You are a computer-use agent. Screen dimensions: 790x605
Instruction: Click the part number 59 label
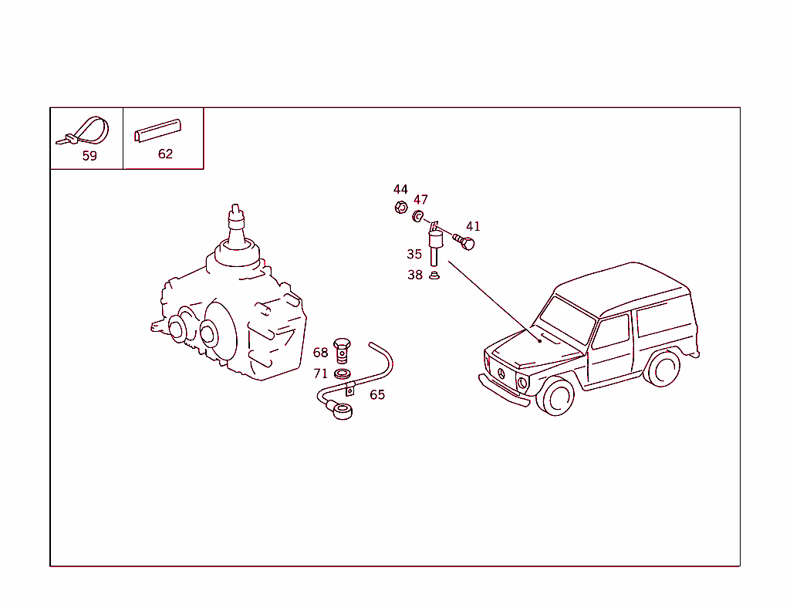[x=89, y=156]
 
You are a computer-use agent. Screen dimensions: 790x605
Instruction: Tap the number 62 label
[x=165, y=154]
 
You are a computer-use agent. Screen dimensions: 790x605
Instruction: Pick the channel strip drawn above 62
[x=157, y=130]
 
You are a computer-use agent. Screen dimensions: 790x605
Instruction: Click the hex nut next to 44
[x=401, y=208]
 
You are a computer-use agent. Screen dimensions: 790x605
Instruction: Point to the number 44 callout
[x=400, y=190]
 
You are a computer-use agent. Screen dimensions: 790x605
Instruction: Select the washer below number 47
[x=418, y=216]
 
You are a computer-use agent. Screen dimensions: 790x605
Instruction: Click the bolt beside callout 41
[x=464, y=242]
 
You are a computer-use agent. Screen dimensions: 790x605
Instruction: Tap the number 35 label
[x=414, y=254]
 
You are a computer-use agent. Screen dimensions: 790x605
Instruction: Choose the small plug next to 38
[x=434, y=275]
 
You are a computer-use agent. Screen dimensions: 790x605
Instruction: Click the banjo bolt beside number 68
[x=342, y=350]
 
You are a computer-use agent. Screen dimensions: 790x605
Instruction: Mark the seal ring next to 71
[x=343, y=374]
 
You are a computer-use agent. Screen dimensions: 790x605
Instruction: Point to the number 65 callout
[x=377, y=395]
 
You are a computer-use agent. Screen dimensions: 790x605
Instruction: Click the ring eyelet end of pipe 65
[x=343, y=411]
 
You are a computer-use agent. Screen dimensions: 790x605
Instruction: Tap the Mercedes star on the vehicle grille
[x=501, y=373]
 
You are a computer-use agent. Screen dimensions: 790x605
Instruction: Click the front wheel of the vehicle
[x=556, y=397]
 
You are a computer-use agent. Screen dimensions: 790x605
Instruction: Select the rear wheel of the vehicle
[x=663, y=369]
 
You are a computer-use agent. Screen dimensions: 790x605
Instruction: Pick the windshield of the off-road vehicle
[x=566, y=320]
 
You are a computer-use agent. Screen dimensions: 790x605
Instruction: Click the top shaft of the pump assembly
[x=236, y=226]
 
